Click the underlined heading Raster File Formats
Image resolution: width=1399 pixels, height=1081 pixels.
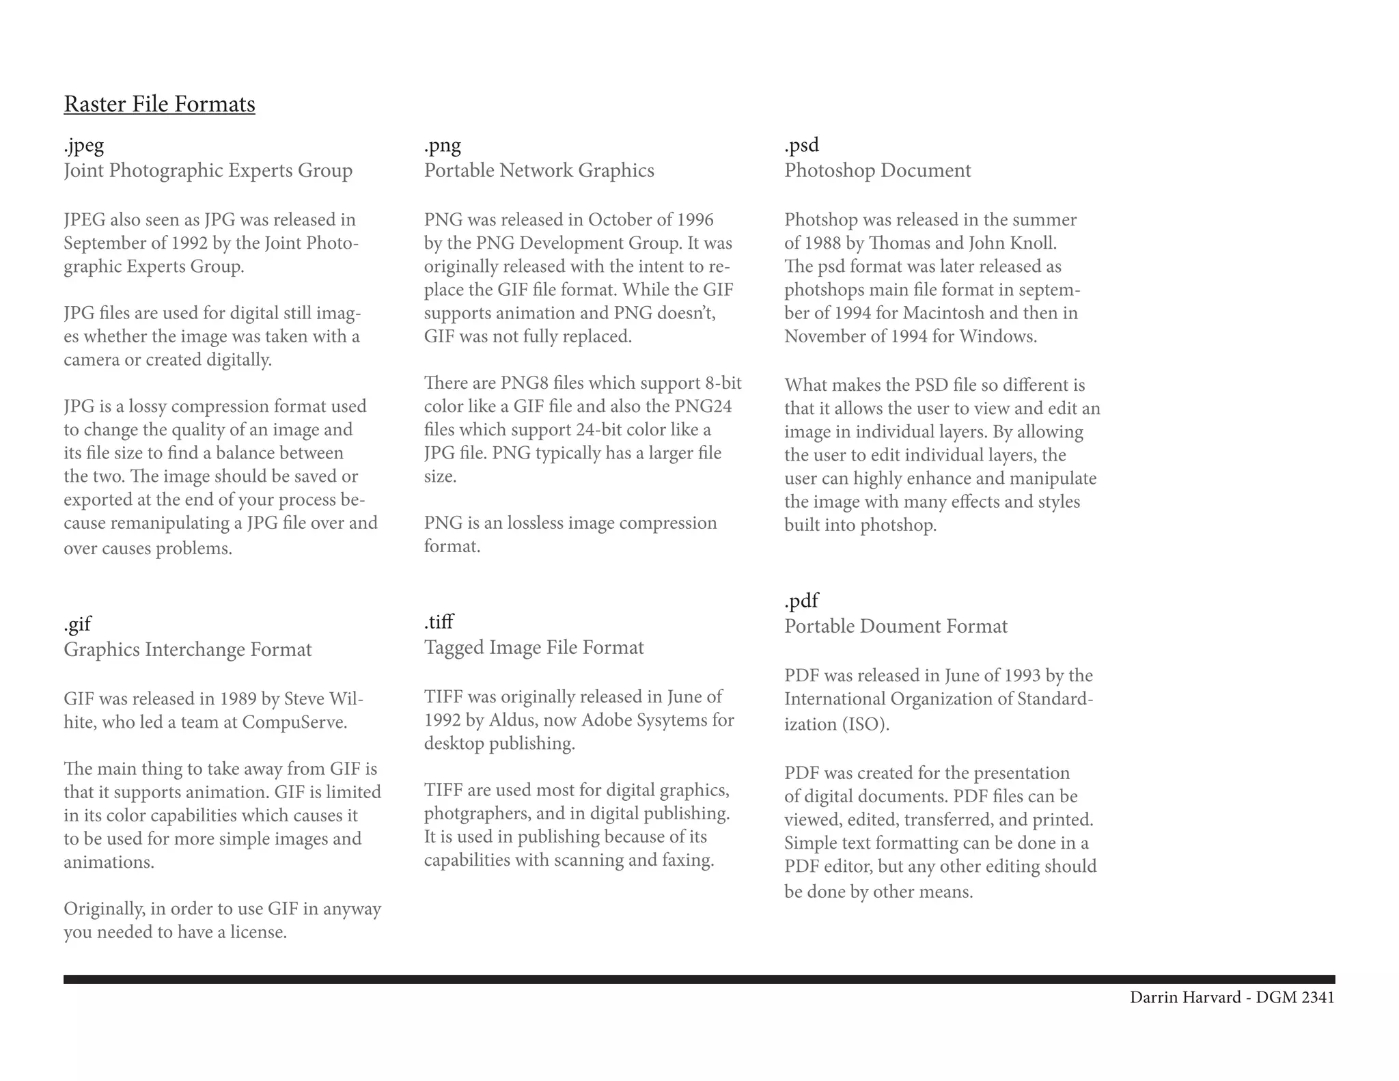159,104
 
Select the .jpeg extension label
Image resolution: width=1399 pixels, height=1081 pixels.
84,145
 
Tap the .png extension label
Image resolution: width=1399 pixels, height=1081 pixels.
443,145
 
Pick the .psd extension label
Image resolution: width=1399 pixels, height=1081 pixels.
801,145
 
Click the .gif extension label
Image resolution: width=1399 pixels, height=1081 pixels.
77,624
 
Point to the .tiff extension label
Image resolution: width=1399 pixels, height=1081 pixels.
439,622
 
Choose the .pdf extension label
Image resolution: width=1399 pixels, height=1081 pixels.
801,601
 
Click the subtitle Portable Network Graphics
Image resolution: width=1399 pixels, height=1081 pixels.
539,170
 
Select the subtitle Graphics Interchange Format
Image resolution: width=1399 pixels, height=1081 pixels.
188,649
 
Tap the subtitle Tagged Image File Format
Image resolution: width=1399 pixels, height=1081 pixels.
534,647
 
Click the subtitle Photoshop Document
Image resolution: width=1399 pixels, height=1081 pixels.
877,170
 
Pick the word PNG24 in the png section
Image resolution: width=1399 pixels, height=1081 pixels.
703,407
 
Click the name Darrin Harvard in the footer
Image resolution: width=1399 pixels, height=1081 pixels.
1185,998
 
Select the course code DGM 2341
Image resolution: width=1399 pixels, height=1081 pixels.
1295,998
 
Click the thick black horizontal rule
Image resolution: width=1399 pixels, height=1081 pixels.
699,979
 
